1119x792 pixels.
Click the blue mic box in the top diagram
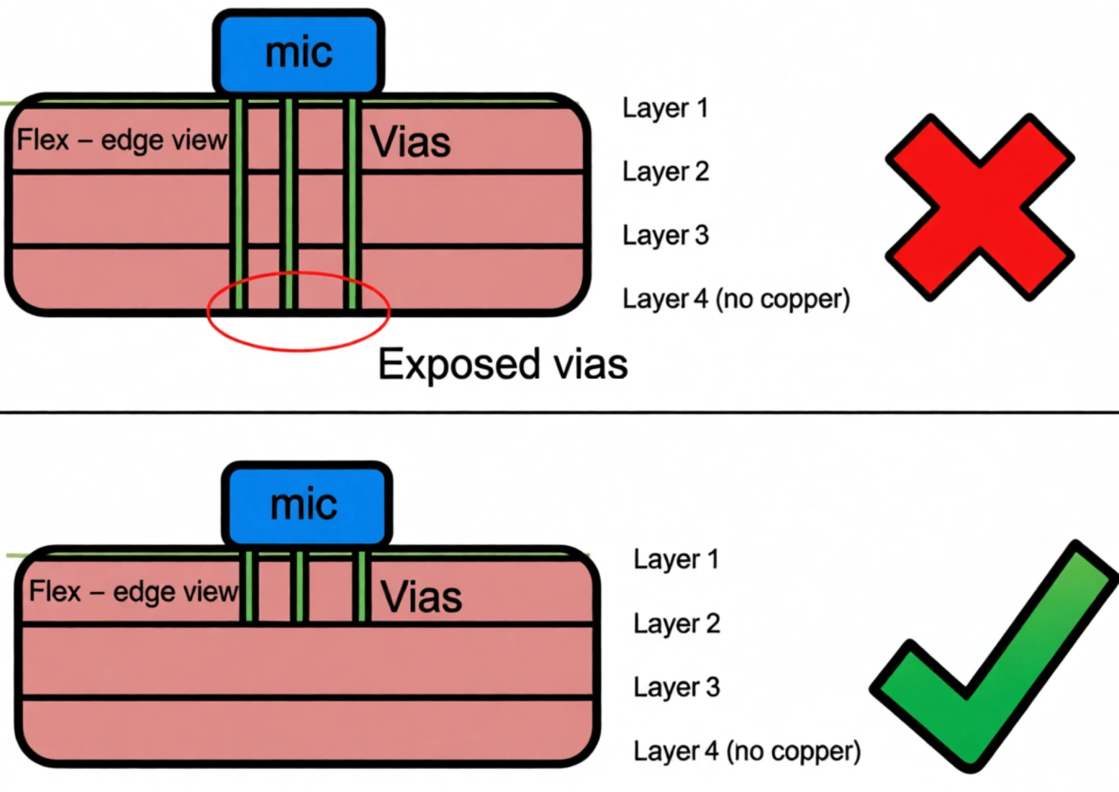(298, 52)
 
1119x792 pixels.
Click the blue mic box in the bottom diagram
(307, 504)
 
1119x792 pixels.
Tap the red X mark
(979, 207)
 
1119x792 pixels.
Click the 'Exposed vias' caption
(502, 364)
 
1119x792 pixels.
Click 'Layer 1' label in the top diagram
(665, 108)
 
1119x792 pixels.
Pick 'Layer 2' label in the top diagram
(666, 172)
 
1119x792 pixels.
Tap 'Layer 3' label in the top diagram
(666, 235)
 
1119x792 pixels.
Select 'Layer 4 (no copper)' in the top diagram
(735, 299)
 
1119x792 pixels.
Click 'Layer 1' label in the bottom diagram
(676, 560)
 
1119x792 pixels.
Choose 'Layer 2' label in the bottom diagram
(676, 624)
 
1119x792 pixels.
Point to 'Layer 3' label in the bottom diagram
(676, 687)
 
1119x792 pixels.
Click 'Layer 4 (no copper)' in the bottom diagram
(746, 751)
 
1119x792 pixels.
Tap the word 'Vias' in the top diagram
(410, 142)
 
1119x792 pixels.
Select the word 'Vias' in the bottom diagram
(421, 597)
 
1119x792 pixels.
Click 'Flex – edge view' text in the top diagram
(122, 140)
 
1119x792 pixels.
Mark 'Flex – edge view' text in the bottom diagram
(133, 592)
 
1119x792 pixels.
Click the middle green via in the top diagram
(289, 205)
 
